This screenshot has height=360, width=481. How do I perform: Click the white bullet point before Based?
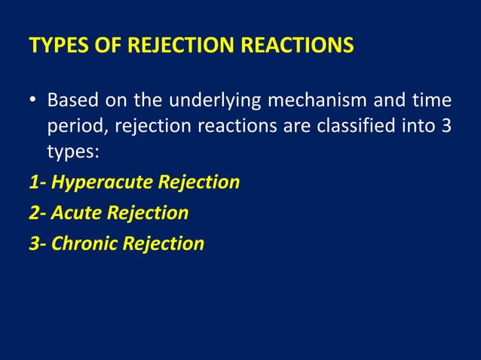click(34, 100)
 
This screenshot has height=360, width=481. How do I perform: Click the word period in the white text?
click(72, 126)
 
